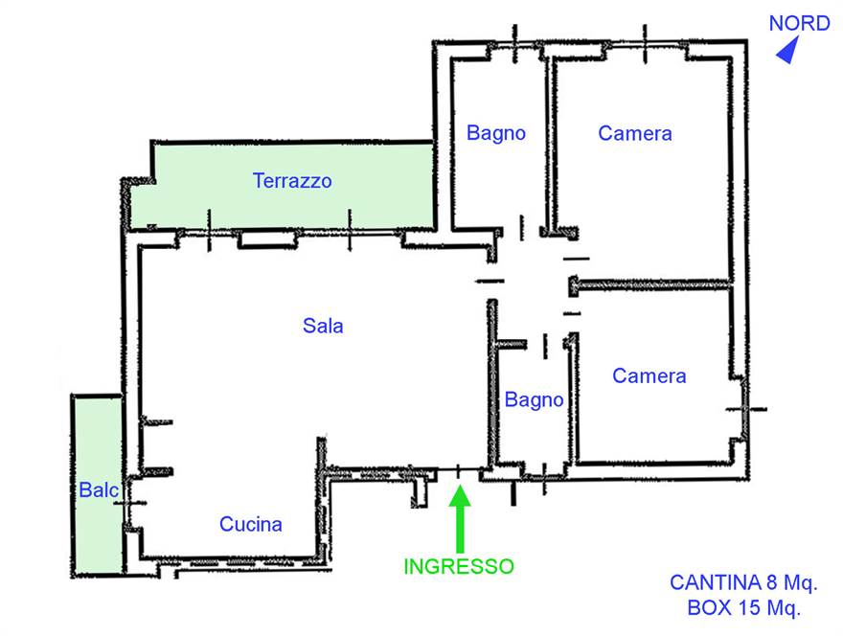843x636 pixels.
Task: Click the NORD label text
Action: (799, 23)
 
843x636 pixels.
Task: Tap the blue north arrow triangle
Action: (788, 53)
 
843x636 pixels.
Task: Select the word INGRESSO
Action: (458, 566)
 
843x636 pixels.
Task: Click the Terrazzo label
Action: (292, 180)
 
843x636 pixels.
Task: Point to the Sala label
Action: (323, 326)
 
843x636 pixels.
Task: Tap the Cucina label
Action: (251, 524)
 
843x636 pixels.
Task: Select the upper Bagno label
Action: (496, 133)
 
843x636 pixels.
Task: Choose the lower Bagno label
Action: (534, 400)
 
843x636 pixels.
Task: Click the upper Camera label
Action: (635, 133)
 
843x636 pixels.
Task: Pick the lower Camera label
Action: (649, 376)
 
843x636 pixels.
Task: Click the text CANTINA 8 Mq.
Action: (743, 582)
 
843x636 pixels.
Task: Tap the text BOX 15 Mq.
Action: (743, 606)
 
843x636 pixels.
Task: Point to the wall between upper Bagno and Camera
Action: (550, 144)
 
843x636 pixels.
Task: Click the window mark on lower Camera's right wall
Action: (745, 409)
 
